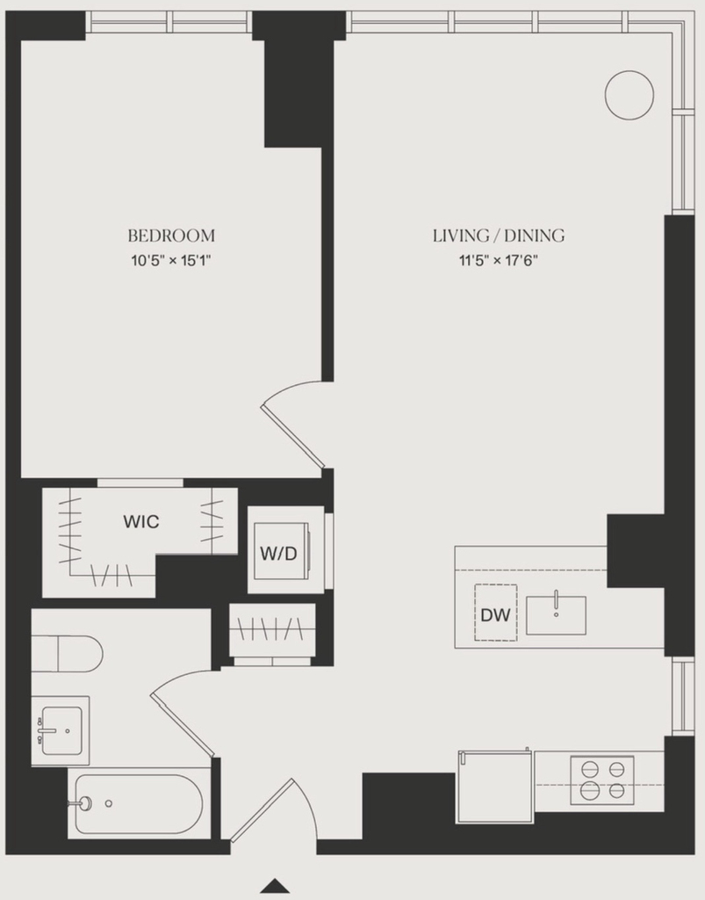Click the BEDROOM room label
(x=171, y=236)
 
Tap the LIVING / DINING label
(x=499, y=236)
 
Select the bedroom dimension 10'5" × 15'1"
(x=171, y=261)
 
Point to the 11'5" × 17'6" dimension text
(x=498, y=261)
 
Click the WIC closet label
(x=141, y=522)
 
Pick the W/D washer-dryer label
(x=278, y=554)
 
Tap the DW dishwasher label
(x=495, y=615)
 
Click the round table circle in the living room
(x=629, y=95)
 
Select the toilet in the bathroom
(x=67, y=654)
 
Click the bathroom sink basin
(x=61, y=730)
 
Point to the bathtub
(x=136, y=804)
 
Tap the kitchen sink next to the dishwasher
(x=556, y=615)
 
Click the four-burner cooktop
(x=601, y=780)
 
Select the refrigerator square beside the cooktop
(x=495, y=787)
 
